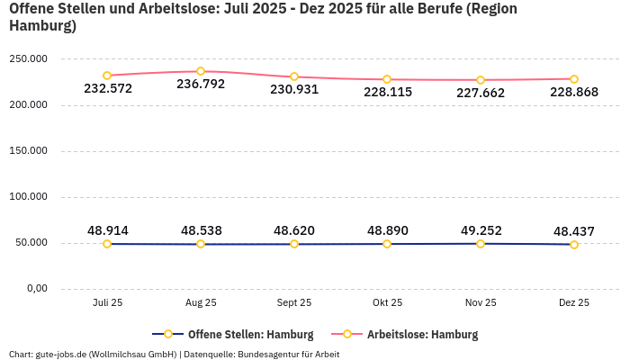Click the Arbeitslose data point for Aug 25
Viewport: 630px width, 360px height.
[x=201, y=71]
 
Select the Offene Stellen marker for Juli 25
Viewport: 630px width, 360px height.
[x=107, y=244]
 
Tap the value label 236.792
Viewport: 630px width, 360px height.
[x=201, y=85]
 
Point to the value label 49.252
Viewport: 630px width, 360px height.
[x=481, y=230]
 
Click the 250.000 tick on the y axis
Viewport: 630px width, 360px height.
[x=29, y=59]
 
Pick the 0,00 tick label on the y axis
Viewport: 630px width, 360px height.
[x=36, y=289]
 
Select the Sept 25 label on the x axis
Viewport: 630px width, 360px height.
[x=294, y=303]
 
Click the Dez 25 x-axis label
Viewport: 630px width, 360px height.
[x=574, y=303]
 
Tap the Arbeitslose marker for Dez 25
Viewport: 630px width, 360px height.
[x=574, y=79]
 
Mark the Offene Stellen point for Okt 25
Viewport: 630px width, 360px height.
[x=387, y=244]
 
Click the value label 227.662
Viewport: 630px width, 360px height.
[x=481, y=93]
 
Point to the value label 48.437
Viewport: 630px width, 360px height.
[x=574, y=231]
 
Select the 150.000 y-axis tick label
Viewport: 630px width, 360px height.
[x=29, y=151]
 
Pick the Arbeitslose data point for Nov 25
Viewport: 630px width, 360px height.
[x=481, y=80]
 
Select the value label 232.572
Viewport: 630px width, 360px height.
[x=107, y=88]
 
